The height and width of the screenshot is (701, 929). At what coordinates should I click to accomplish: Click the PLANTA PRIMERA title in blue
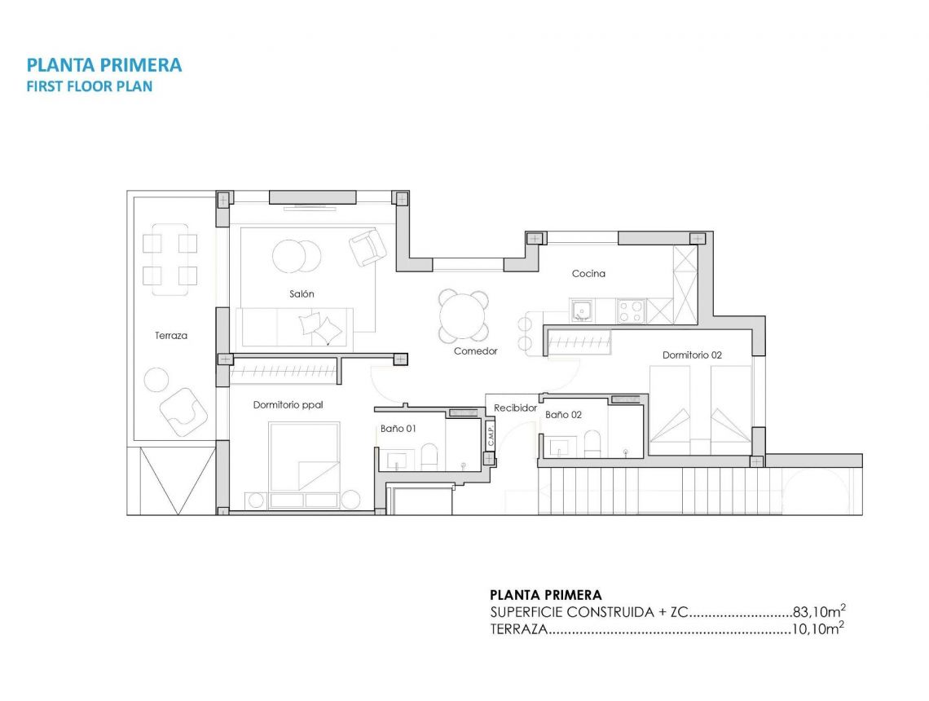tap(104, 65)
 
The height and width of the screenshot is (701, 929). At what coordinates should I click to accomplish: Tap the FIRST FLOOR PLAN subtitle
tap(90, 86)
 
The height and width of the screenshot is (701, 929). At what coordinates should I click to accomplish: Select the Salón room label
tap(301, 293)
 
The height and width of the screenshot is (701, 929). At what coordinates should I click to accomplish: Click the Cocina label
tap(588, 274)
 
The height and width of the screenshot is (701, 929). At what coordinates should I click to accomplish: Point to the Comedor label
tap(475, 351)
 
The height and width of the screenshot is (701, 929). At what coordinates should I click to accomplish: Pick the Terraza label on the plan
tap(171, 335)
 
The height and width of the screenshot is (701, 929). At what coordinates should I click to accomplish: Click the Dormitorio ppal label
tap(283, 404)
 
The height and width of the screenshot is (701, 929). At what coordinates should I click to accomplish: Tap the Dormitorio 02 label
tap(692, 355)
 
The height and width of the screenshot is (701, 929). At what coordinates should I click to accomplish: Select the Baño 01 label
tap(398, 428)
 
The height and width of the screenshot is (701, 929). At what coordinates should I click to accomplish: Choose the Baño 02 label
tap(563, 415)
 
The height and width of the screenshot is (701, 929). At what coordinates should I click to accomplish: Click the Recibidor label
tap(515, 408)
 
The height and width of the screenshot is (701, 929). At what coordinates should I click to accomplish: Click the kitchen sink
tap(582, 311)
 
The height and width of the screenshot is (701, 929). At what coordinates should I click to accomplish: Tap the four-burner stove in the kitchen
tap(632, 311)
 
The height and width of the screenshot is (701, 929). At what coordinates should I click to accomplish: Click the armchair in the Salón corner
tap(368, 246)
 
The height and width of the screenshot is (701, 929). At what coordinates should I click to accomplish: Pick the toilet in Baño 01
tap(429, 456)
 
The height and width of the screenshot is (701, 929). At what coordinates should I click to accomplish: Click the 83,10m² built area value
tap(818, 612)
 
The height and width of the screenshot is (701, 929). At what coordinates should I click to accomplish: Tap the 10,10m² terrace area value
tap(817, 629)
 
